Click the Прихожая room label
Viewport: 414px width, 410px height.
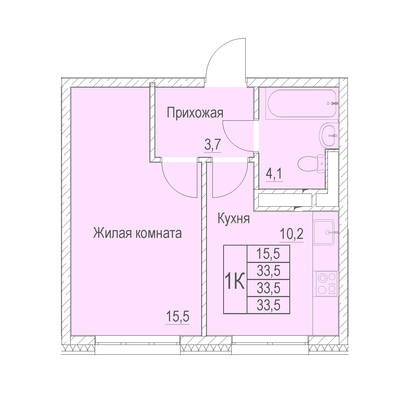point(195,113)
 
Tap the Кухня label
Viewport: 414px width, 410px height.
point(234,219)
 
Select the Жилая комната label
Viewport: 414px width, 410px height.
point(137,233)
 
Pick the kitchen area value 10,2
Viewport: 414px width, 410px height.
point(291,235)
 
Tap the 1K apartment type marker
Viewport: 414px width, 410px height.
point(235,282)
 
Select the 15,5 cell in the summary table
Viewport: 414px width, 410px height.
point(268,254)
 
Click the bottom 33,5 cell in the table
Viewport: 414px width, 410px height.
point(268,305)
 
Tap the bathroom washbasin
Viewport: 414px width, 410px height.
point(329,135)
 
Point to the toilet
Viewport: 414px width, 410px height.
point(311,163)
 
